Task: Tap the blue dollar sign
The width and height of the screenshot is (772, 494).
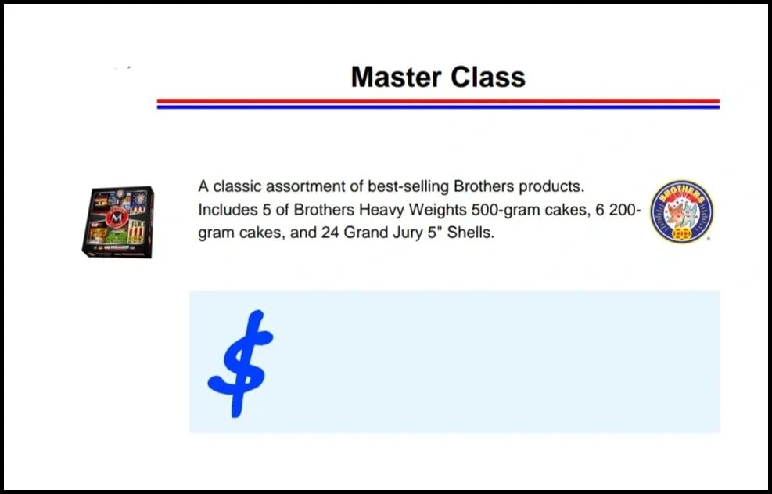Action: click(x=241, y=364)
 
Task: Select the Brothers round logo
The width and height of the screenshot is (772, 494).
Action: click(x=682, y=211)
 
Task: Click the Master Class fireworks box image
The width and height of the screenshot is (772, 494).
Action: click(x=118, y=222)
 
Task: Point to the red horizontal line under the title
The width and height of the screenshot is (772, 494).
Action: click(x=438, y=101)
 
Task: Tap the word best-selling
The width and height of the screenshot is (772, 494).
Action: click(x=408, y=186)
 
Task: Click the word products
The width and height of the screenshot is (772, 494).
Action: click(x=551, y=187)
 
